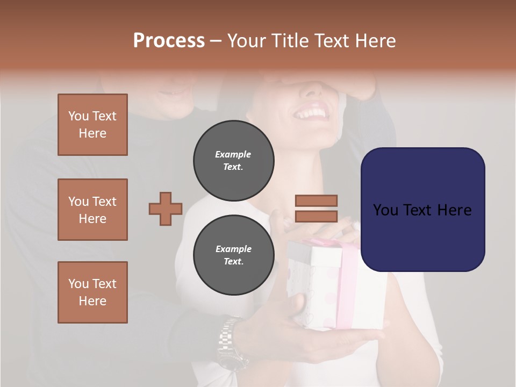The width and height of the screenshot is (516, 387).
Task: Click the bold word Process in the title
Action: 169,40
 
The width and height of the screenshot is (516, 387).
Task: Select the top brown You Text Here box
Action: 92,125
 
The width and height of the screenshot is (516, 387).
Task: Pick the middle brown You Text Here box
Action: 92,210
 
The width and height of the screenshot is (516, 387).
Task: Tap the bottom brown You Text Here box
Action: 92,292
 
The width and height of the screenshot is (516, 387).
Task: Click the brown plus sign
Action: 166,209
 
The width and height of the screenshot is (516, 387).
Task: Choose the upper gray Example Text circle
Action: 233,160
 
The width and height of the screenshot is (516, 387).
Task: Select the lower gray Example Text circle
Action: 233,255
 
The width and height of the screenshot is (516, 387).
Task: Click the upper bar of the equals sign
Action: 316,200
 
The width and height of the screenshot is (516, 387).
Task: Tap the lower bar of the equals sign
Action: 316,217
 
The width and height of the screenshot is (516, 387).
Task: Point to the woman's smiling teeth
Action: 312,113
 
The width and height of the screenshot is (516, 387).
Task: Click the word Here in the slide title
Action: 377,40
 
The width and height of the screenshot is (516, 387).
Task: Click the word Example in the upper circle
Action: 233,154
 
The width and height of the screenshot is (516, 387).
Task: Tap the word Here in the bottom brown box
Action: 92,301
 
